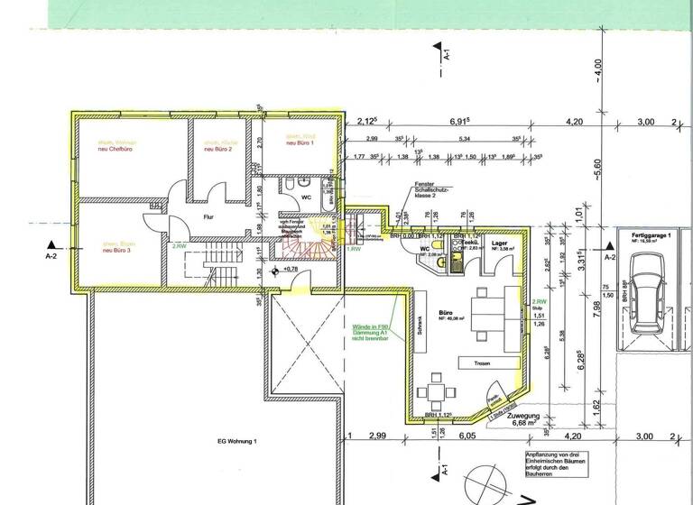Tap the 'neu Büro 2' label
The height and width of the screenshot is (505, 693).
[218, 149]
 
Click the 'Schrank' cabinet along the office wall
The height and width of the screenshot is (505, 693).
[419, 325]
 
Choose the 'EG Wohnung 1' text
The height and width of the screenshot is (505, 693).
[237, 441]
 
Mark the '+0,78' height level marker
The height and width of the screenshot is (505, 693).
[290, 269]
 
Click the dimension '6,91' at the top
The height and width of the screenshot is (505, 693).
[462, 120]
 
